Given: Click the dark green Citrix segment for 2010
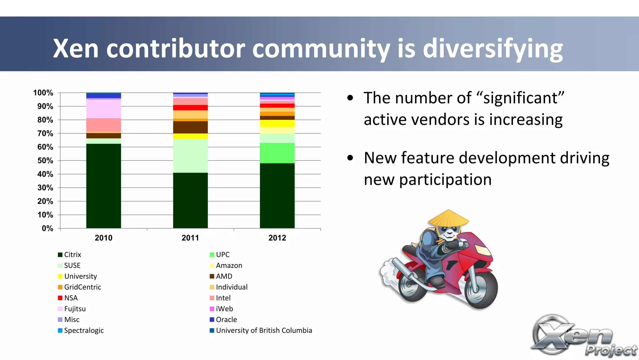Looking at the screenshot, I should pyautogui.click(x=103, y=186).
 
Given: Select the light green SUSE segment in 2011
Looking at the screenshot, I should pyautogui.click(x=190, y=155).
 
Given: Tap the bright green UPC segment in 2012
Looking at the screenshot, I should pyautogui.click(x=277, y=153).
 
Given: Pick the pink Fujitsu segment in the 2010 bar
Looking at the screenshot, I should pyautogui.click(x=103, y=109).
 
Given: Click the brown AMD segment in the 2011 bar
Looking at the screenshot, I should pyautogui.click(x=190, y=127).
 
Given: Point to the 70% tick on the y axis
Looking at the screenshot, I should pyautogui.click(x=45, y=134).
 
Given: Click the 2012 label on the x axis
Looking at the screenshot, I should pyautogui.click(x=277, y=238).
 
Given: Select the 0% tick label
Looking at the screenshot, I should pyautogui.click(x=47, y=229).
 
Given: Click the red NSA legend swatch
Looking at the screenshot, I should pyautogui.click(x=60, y=298).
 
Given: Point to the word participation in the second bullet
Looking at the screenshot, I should pyautogui.click(x=445, y=180).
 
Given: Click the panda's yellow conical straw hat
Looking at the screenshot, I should pyautogui.click(x=448, y=218).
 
